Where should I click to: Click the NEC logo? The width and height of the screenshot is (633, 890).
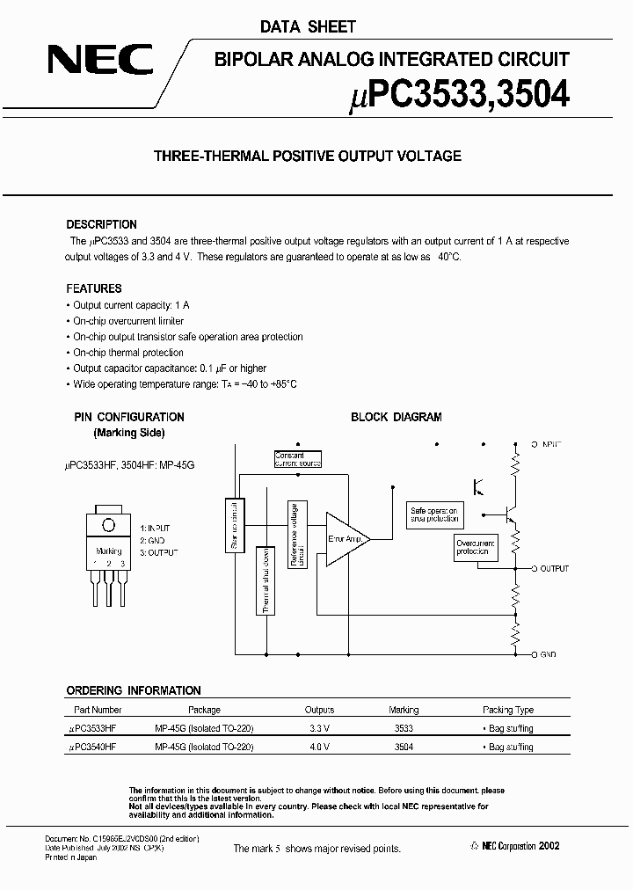point(100,61)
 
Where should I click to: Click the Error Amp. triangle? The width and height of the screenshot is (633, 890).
point(346,539)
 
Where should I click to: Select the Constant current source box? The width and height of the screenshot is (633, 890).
point(297,459)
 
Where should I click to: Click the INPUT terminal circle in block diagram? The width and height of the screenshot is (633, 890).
point(536,446)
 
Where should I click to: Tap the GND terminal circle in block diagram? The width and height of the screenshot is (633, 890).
point(536,654)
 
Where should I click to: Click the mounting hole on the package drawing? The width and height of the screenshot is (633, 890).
point(109,525)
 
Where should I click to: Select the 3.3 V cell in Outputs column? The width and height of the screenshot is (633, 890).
point(319,728)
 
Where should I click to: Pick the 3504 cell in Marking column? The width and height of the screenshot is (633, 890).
point(404,746)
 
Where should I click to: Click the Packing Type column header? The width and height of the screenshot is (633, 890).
point(508,710)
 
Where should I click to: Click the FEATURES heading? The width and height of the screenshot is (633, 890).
point(94,288)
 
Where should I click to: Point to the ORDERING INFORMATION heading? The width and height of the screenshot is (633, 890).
point(134,690)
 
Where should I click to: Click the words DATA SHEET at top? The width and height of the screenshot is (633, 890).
point(308,27)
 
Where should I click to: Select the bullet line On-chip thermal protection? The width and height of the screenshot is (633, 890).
point(128,353)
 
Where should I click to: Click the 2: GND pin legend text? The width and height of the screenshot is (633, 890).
point(152,540)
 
